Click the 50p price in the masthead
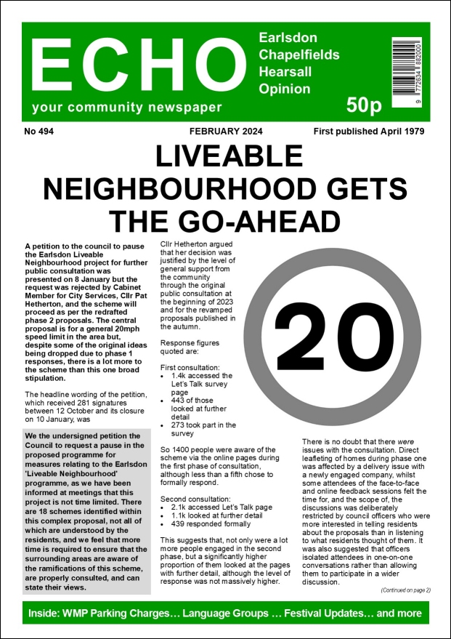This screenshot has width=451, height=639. [363, 106]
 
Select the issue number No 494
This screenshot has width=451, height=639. [39, 132]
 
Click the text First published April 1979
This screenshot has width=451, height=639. [369, 132]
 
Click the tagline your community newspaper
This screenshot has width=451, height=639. [126, 108]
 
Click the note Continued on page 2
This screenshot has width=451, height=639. [405, 590]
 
